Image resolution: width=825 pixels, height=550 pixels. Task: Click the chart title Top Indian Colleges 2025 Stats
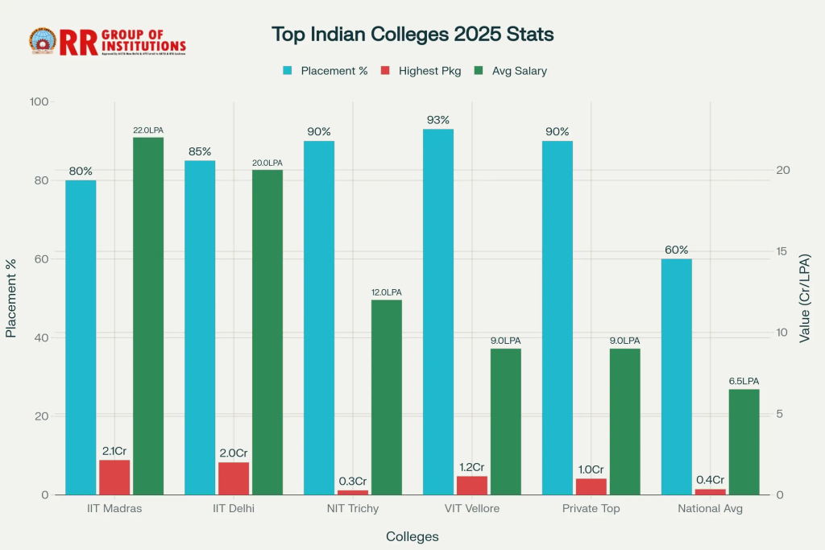tap(412, 35)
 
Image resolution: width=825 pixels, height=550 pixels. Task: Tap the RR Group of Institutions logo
tap(108, 41)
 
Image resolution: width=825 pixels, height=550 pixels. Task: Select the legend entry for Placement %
tap(325, 71)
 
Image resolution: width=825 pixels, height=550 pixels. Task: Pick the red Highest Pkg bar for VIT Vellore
tap(472, 486)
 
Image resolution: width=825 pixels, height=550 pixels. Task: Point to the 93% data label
tap(438, 120)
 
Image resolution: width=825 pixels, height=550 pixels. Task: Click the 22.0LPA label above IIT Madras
tap(148, 130)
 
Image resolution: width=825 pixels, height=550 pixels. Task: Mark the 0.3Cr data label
tap(353, 481)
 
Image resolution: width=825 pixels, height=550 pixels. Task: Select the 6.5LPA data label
tap(744, 381)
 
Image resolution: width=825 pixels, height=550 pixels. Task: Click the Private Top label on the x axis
tap(591, 509)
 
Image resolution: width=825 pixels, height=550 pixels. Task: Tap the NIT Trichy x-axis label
tap(353, 509)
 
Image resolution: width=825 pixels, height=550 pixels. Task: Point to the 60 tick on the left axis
tap(39, 259)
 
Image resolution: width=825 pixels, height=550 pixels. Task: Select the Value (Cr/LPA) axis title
tap(805, 298)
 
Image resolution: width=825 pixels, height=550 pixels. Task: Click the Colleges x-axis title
tap(412, 536)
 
